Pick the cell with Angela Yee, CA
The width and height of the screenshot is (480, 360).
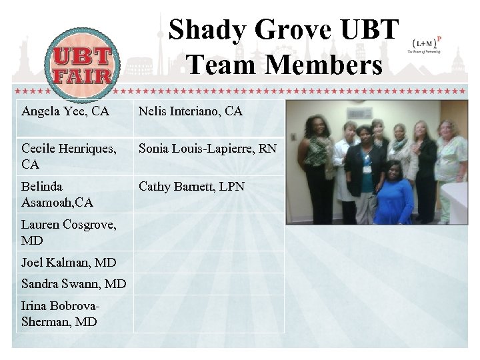[65, 111]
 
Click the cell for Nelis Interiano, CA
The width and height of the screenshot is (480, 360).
[191, 111]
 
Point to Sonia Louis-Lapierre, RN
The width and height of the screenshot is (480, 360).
[207, 149]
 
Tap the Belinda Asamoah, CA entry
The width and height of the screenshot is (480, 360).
[57, 194]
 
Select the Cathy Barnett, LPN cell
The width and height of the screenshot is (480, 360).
[191, 187]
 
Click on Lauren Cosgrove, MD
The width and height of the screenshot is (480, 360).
[69, 232]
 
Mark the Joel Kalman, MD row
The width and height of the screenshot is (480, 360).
[69, 262]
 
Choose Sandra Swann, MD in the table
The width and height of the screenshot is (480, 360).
[73, 284]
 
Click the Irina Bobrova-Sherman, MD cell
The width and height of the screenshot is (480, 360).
[61, 314]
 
